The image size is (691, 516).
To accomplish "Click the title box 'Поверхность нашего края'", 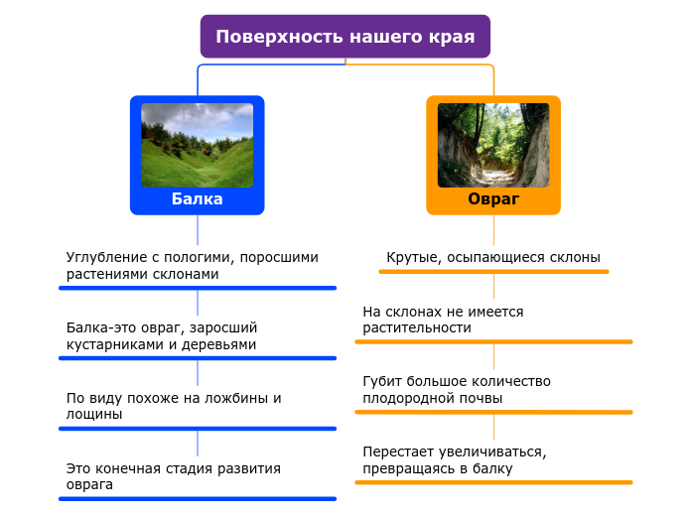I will pos(345,37).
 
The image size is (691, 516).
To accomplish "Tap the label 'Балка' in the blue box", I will pos(197,199).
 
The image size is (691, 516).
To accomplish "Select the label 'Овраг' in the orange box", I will pos(493,199).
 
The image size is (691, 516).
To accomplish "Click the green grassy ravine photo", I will pos(197,145).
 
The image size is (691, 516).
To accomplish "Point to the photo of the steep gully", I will pos(493,145).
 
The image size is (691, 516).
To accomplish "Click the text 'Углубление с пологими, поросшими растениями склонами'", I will pos(192,265).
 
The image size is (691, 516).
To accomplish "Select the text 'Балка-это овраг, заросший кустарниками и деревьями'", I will pos(162,335).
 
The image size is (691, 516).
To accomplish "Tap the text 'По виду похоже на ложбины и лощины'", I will pos(174,406).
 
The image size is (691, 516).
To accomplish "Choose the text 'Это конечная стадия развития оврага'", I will pos(173,476).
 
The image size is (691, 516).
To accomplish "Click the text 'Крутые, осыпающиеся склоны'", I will pos(493,258).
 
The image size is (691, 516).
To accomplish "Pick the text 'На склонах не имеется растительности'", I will pos(443,320).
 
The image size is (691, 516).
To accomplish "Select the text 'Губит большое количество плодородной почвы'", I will pos(457,389).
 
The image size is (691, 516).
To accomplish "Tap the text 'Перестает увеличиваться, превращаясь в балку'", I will pos(455,459).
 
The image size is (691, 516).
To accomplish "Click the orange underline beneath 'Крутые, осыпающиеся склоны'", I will pos(493,272).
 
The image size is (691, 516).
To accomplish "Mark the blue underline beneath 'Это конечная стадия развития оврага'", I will pos(197,498).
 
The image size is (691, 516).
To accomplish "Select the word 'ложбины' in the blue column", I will pos(229,398).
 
